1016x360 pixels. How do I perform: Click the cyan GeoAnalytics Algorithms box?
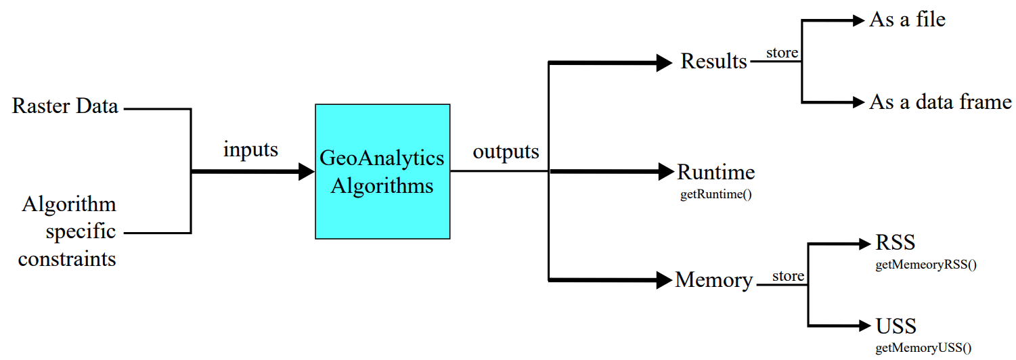[382, 171]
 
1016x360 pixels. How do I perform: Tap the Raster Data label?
[65, 106]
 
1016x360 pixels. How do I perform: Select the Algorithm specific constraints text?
[68, 231]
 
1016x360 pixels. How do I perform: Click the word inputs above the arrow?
[250, 149]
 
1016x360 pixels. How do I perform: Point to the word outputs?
[506, 151]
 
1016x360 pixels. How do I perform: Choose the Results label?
[713, 61]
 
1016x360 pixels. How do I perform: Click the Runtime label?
[715, 172]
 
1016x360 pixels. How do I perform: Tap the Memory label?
[713, 279]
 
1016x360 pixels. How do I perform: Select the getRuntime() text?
[716, 195]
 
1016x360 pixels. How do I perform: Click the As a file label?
[907, 20]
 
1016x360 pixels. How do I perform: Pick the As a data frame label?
[940, 102]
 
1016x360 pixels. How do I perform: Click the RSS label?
[896, 242]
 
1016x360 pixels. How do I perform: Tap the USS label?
[896, 326]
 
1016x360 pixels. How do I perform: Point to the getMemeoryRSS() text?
[926, 265]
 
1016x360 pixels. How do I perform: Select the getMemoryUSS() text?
[923, 348]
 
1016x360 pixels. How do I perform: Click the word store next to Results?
[782, 52]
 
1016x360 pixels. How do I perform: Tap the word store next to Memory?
[789, 276]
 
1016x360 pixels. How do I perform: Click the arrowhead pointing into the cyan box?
[307, 172]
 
